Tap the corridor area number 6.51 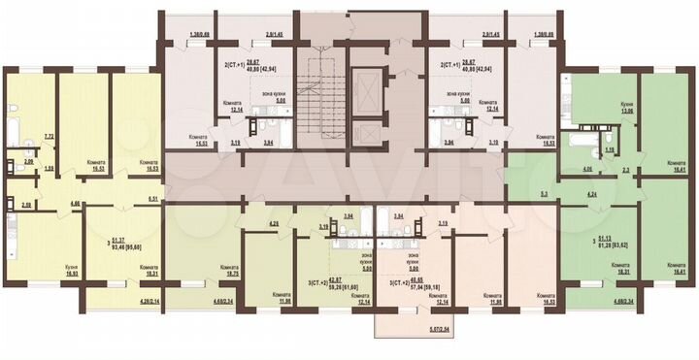(x=152, y=198)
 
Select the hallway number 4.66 (x=75, y=203)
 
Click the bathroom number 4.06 (x=574, y=170)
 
